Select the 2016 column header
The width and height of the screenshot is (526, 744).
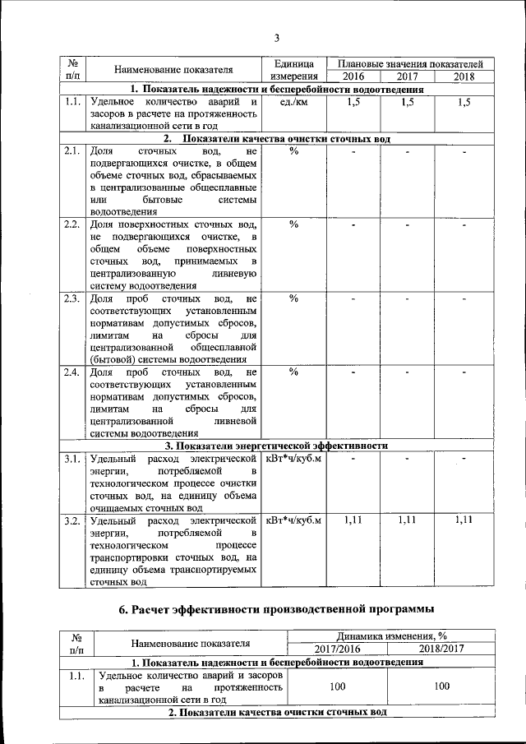(353, 77)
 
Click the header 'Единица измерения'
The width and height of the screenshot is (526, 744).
(293, 71)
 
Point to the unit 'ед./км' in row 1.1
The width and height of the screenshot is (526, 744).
(293, 103)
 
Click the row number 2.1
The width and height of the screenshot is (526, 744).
(72, 151)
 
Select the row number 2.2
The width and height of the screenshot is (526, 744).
(72, 224)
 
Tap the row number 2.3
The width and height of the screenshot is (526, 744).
(72, 298)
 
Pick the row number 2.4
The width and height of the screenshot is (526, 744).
(72, 372)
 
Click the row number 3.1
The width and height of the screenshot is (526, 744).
(72, 458)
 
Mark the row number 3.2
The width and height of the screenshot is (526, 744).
(72, 520)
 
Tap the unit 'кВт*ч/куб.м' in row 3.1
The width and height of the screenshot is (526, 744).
(293, 458)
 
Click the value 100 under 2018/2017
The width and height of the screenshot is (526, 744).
(441, 685)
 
